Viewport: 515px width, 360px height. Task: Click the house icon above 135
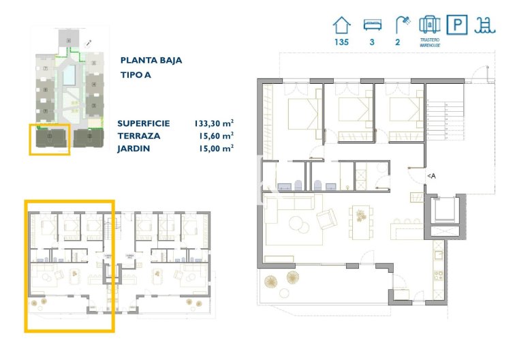click(x=341, y=25)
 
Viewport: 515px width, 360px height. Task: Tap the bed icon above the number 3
click(x=372, y=25)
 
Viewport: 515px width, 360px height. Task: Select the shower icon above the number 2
click(x=402, y=25)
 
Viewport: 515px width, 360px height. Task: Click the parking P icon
click(x=456, y=25)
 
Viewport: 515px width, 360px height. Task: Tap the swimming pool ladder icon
click(x=485, y=25)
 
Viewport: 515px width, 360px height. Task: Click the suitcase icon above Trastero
click(x=428, y=25)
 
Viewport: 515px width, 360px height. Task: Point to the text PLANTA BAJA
click(x=151, y=60)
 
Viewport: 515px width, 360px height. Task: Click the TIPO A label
click(x=136, y=75)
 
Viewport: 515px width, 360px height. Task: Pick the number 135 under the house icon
click(x=341, y=42)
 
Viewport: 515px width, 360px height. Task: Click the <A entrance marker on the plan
click(x=431, y=175)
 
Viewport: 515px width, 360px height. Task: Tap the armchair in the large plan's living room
click(x=326, y=219)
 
